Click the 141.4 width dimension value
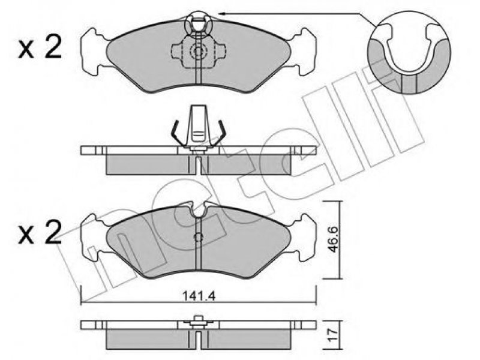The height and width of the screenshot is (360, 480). tap(199, 296)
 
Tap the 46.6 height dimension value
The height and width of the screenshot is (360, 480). tap(333, 239)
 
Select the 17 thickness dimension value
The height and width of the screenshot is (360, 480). tap(333, 334)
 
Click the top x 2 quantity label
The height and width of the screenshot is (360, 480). tap(40, 48)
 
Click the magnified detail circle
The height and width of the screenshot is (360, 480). tap(409, 52)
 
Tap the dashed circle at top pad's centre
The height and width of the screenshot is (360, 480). tap(198, 51)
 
